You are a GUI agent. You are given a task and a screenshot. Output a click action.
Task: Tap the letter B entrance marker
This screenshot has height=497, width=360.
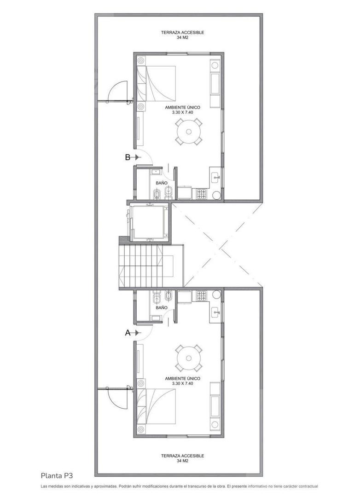pos(128,157)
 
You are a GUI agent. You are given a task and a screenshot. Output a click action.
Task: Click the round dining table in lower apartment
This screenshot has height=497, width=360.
pos(189,358)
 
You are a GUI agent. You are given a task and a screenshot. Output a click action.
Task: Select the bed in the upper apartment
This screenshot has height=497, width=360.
pos(160,84)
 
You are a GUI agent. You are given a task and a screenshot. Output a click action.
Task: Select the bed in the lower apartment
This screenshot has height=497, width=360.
pos(160,406)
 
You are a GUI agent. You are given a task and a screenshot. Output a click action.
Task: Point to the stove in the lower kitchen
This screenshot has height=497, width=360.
pos(201,296)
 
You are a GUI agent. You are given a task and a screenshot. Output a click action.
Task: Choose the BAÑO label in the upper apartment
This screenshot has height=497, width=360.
pos(161,183)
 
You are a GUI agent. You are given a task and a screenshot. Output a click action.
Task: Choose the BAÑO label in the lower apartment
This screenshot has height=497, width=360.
pos(161,307)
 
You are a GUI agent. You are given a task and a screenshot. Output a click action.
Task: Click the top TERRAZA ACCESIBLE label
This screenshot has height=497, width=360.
pos(183,33)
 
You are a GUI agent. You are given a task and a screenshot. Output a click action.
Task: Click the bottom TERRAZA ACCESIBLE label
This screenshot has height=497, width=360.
pos(183,456)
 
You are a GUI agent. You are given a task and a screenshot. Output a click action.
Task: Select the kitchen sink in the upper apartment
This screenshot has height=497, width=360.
pos(215,177)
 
